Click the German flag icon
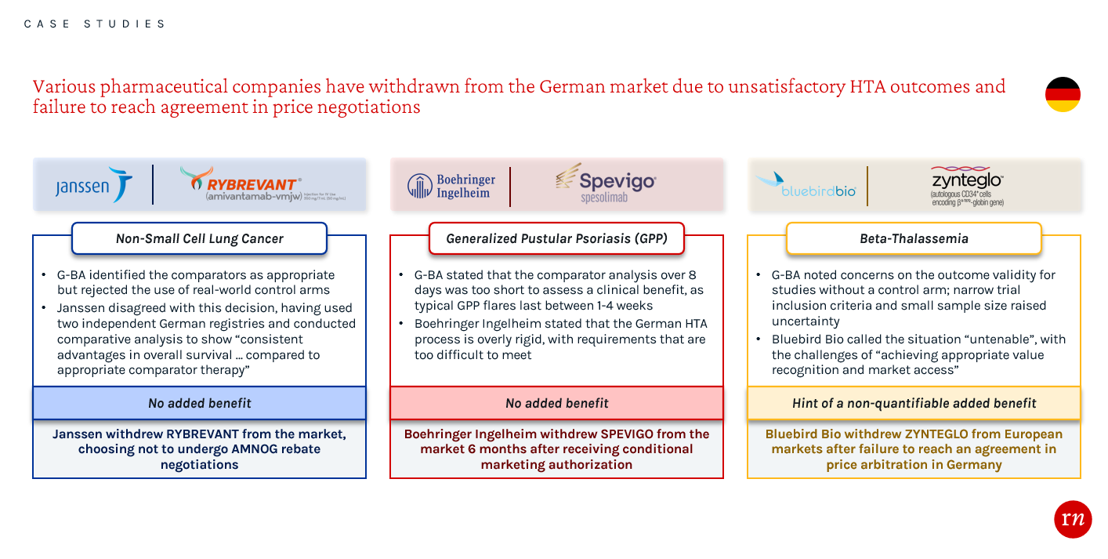pyautogui.click(x=1063, y=95)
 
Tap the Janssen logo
pyautogui.click(x=93, y=186)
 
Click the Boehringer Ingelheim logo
pyautogui.click(x=451, y=186)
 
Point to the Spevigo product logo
pyautogui.click(x=606, y=184)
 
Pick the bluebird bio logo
pyautogui.click(x=806, y=186)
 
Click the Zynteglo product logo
pyautogui.click(x=967, y=185)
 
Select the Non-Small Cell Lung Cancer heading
pyautogui.click(x=199, y=239)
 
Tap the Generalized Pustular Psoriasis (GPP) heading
pyautogui.click(x=556, y=239)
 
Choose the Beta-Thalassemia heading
pyautogui.click(x=914, y=239)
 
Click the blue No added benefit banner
pyautogui.click(x=199, y=403)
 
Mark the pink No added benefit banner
pyautogui.click(x=556, y=403)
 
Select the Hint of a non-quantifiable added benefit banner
pyautogui.click(x=914, y=403)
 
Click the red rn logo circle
pyautogui.click(x=1073, y=518)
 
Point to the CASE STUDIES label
pyautogui.click(x=95, y=24)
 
